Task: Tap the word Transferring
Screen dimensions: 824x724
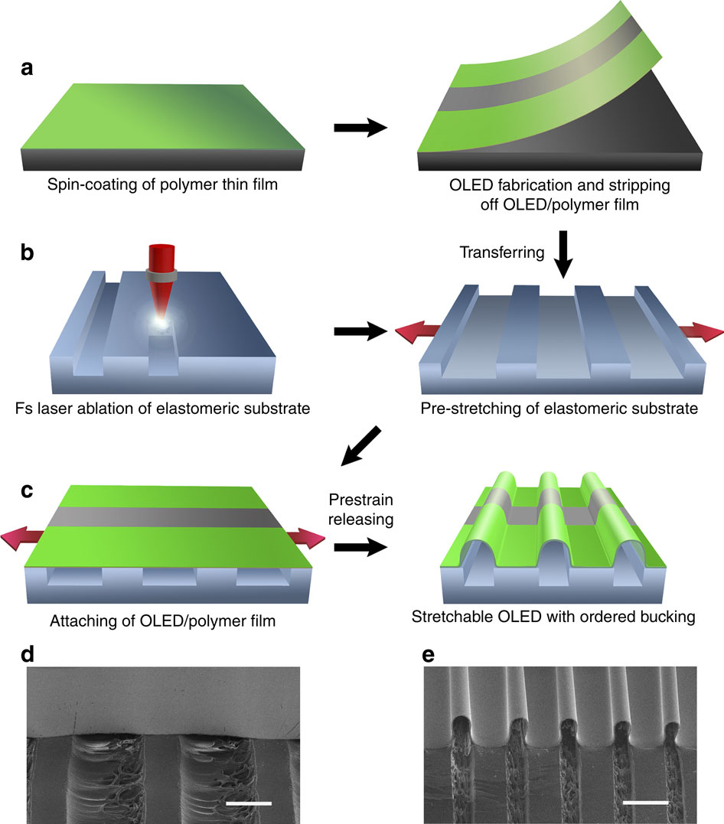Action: click(495, 252)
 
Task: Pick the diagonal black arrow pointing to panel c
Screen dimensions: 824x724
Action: click(360, 448)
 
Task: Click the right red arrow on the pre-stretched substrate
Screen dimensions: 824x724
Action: click(699, 332)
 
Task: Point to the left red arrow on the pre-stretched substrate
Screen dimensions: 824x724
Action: click(418, 331)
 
